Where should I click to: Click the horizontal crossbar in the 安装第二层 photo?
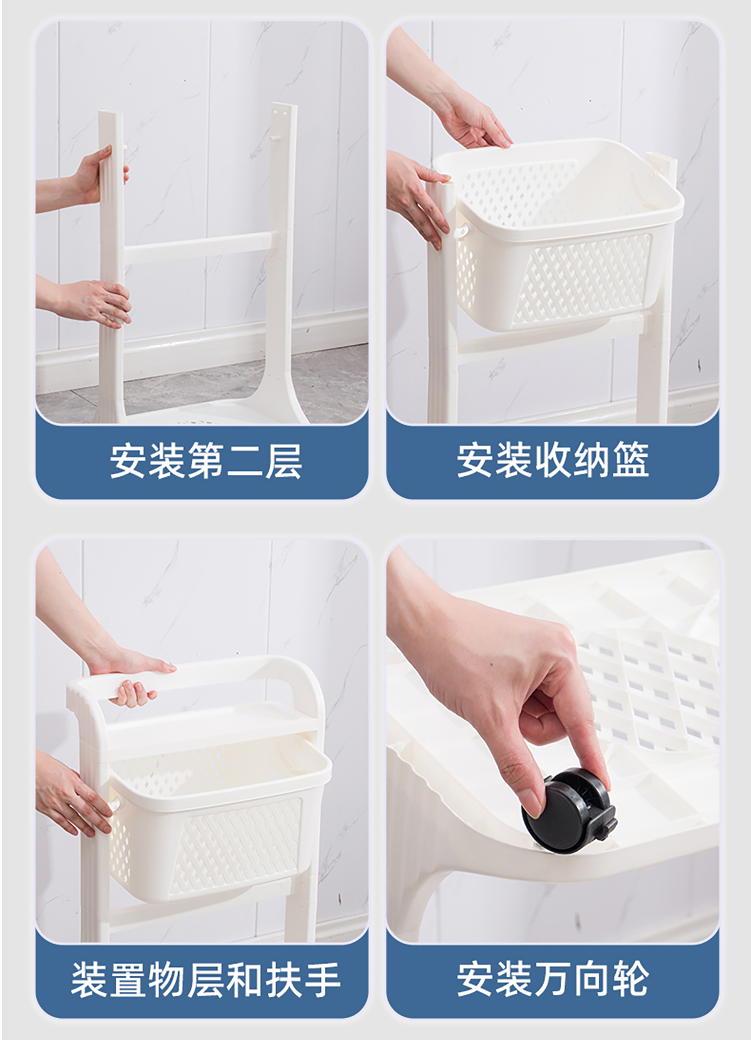point(197,248)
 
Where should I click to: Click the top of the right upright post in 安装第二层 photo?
point(284,106)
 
